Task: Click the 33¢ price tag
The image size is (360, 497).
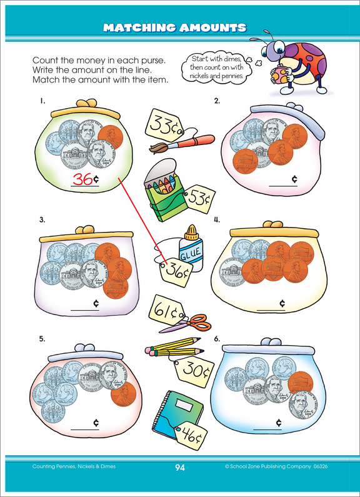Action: click(x=164, y=123)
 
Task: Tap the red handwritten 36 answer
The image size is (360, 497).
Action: click(x=82, y=179)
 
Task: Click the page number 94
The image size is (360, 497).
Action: click(x=179, y=466)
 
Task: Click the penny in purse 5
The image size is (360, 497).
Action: click(x=124, y=395)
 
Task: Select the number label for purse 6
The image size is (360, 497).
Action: click(x=216, y=338)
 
